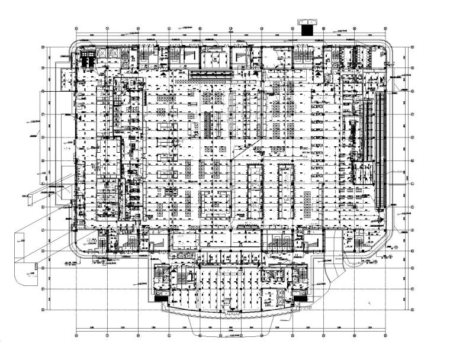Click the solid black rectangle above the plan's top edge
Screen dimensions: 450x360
pyautogui.click(x=309, y=28)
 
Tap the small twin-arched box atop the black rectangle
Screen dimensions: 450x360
pyautogui.click(x=309, y=21)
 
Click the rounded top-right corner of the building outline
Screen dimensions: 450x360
pyautogui.click(x=393, y=49)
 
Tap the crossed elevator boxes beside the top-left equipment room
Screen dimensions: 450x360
pyautogui.click(x=101, y=54)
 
